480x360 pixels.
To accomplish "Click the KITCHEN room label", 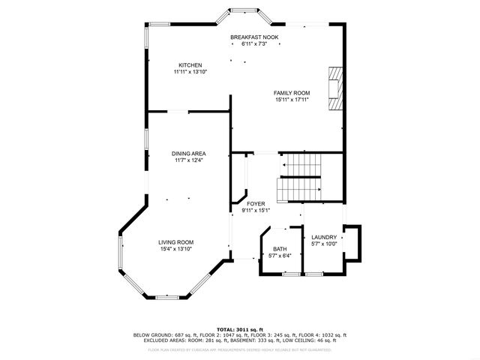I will (x=190, y=65).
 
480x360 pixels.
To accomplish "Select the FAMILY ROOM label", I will (x=291, y=93).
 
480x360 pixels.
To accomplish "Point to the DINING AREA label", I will (x=188, y=154).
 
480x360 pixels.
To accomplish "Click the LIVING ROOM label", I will (x=175, y=242).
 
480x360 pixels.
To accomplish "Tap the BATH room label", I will (x=279, y=249).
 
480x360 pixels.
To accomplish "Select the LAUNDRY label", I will (x=324, y=237).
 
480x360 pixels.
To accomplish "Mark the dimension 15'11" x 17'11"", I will (x=291, y=100).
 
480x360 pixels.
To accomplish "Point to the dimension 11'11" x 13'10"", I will (x=190, y=72).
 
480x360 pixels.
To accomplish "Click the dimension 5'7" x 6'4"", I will (x=279, y=256).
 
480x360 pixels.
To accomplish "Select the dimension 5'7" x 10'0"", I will (x=324, y=244).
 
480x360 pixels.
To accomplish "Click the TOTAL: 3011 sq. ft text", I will (x=240, y=329).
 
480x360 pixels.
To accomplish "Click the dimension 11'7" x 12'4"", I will (x=188, y=160).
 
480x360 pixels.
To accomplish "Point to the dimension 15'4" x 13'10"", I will (x=175, y=249).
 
